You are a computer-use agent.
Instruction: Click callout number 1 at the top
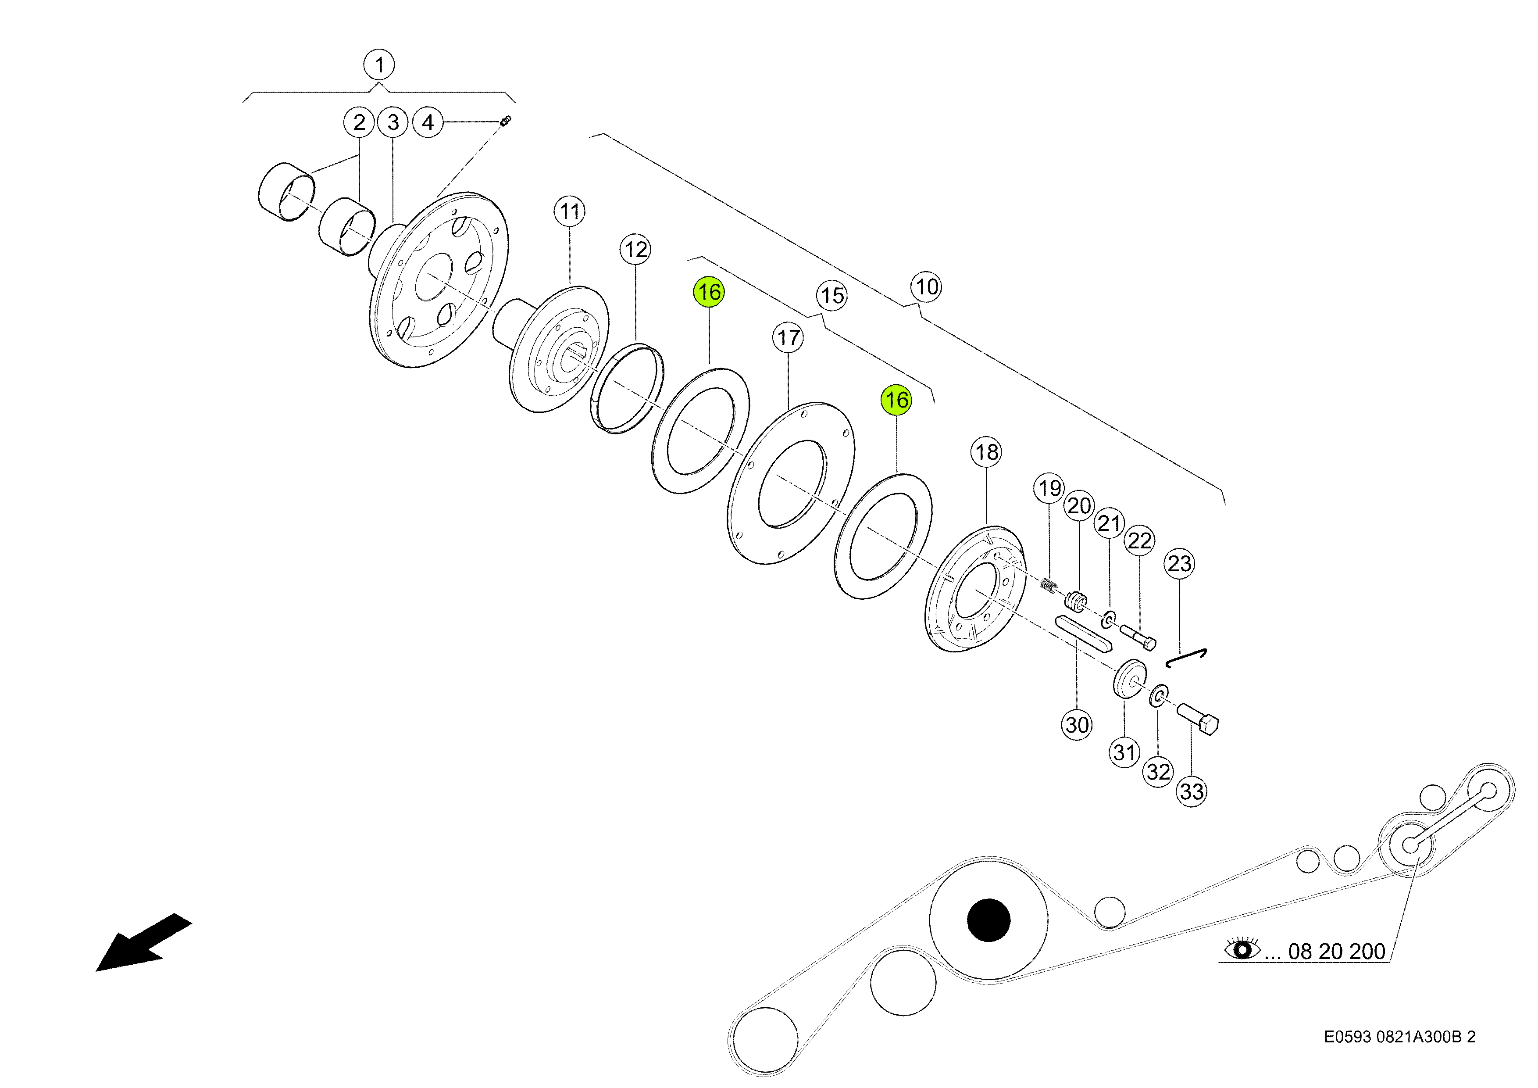coord(379,65)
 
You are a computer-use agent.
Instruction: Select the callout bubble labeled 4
coord(428,122)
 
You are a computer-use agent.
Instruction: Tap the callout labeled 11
coord(569,212)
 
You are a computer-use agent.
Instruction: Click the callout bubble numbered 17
coord(789,338)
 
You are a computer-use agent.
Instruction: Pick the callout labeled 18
coord(986,452)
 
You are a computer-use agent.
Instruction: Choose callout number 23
coord(1180,563)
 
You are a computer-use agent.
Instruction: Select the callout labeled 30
coord(1077,725)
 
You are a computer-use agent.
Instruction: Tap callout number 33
coord(1192,792)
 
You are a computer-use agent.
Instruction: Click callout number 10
coord(926,287)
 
